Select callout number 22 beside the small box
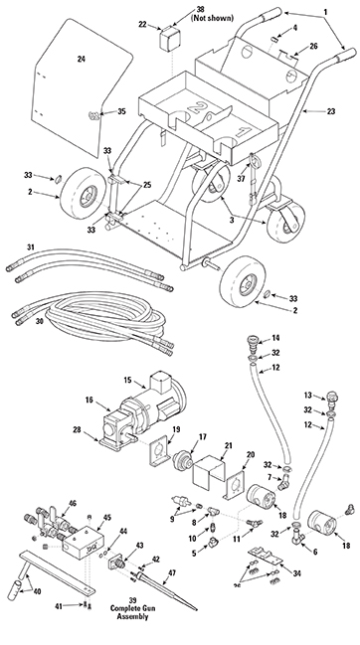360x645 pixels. tap(142, 24)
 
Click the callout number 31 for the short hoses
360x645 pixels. tap(31, 245)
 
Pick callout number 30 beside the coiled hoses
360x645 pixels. tap(41, 320)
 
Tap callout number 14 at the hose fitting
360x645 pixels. tap(276, 339)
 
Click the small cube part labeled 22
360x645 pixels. tap(168, 43)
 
